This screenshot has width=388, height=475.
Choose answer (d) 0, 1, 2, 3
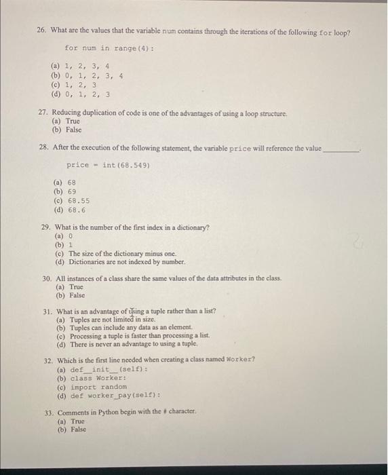pyautogui.click(x=81, y=94)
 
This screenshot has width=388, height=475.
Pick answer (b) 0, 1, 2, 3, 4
pyautogui.click(x=88, y=76)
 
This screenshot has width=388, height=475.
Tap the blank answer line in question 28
pyautogui.click(x=342, y=149)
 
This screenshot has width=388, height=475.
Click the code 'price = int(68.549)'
pyautogui.click(x=108, y=165)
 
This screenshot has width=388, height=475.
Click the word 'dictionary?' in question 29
pyautogui.click(x=192, y=227)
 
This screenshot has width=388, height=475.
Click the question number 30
pyautogui.click(x=45, y=278)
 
